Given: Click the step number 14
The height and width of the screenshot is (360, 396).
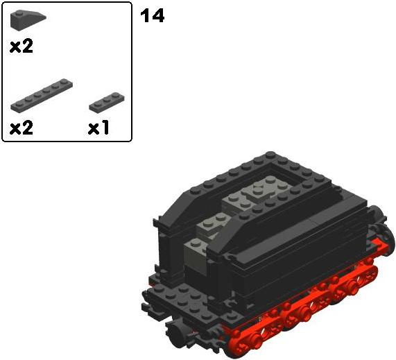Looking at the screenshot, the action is [153, 16].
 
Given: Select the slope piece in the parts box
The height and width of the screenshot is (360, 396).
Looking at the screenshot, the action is [28, 19].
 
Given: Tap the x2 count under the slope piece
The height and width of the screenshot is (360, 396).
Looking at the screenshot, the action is [21, 46].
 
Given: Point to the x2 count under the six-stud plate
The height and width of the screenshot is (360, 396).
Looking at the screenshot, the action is [21, 128].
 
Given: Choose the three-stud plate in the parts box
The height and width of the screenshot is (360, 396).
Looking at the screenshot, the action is [107, 102].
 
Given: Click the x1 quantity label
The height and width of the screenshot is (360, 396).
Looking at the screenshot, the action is [98, 128].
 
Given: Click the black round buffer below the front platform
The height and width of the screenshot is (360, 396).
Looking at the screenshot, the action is [177, 332].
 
